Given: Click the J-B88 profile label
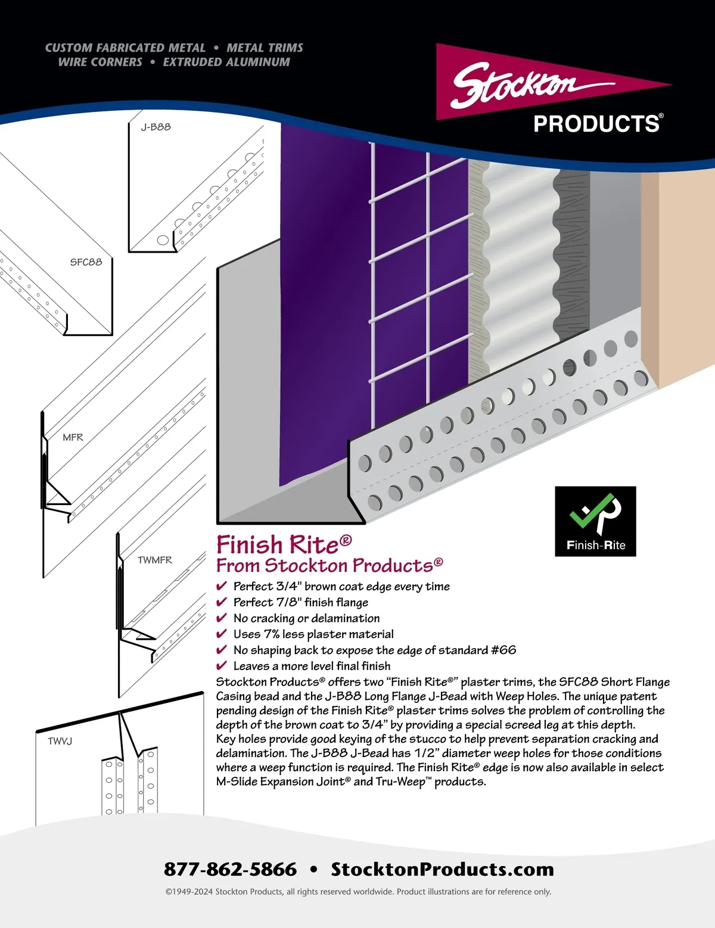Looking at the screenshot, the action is [x=156, y=127].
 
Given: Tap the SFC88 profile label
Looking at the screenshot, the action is [x=86, y=262].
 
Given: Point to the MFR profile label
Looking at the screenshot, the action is [x=73, y=437].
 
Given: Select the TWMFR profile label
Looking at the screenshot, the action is [x=154, y=560].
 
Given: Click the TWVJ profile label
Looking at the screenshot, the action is [x=60, y=742].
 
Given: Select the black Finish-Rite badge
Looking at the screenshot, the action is [x=595, y=521].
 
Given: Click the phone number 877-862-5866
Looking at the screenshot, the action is [x=230, y=870].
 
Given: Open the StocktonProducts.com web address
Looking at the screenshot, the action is [x=443, y=870].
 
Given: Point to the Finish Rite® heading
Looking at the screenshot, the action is [x=284, y=544].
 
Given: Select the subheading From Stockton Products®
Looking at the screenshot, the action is [x=329, y=565].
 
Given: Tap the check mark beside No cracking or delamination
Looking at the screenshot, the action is [x=221, y=618].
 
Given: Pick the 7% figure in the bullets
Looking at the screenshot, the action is [x=272, y=634].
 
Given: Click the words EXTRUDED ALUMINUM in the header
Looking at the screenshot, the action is [x=226, y=63].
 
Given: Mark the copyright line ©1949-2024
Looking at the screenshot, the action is [x=358, y=892].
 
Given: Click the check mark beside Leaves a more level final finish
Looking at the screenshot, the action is [x=221, y=665].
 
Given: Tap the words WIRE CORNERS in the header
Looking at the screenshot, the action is [x=100, y=63].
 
